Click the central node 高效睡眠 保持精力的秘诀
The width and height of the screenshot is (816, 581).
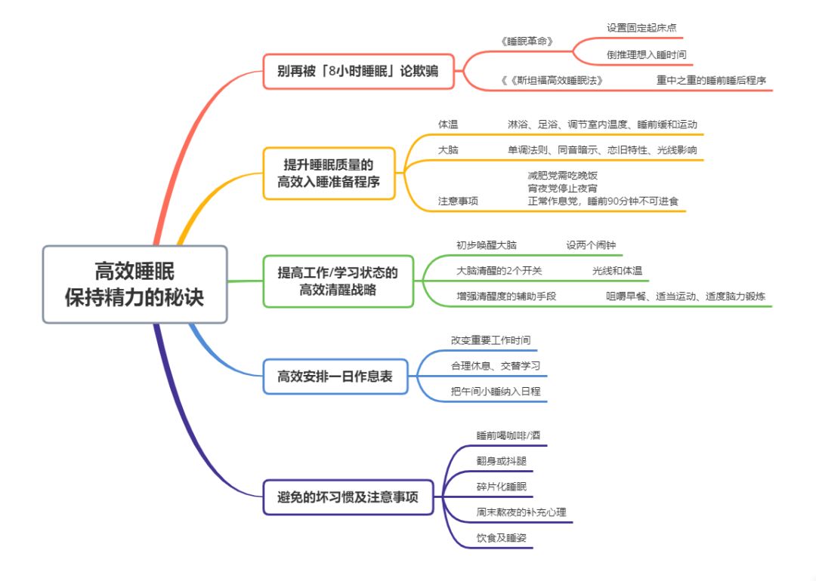[x=134, y=284]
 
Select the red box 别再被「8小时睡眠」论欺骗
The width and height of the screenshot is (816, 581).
[x=358, y=72]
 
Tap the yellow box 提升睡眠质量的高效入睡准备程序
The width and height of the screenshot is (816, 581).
[x=329, y=173]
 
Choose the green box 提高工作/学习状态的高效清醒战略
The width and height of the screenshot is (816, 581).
[x=338, y=281]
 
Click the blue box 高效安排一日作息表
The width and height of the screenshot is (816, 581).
[x=335, y=376]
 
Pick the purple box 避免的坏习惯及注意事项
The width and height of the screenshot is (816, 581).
[x=348, y=497]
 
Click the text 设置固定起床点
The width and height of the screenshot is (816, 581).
[x=641, y=28]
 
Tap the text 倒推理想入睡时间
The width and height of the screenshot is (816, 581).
[x=646, y=55]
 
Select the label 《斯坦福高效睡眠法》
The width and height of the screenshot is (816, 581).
[x=555, y=80]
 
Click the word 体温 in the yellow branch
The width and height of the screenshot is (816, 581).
[x=448, y=124]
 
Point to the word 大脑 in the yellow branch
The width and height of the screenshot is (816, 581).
[x=448, y=149]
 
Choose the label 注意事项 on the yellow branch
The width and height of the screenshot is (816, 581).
[x=458, y=201]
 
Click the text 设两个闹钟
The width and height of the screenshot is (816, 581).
[x=592, y=245]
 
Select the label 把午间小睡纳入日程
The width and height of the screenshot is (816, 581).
[x=496, y=391]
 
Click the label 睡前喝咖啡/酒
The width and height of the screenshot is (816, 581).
[x=508, y=435]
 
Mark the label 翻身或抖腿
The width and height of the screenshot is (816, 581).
[x=501, y=460]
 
